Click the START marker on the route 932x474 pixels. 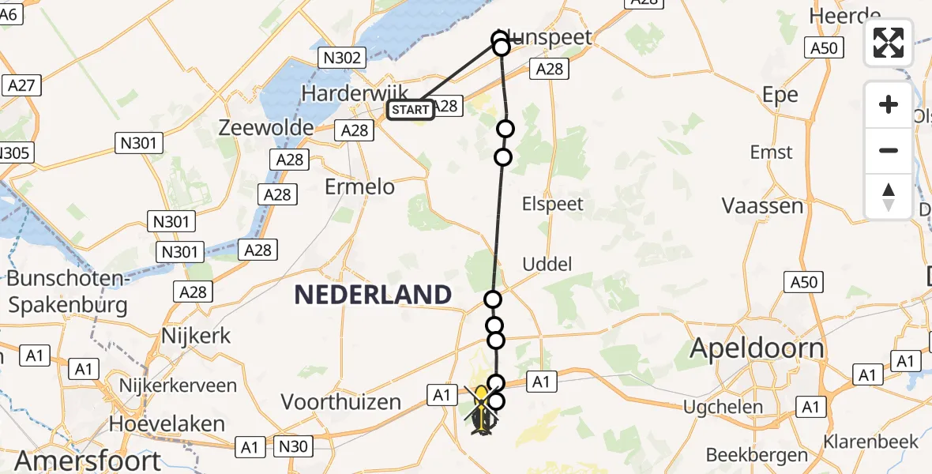pyautogui.click(x=410, y=110)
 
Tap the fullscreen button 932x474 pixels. pyautogui.click(x=889, y=43)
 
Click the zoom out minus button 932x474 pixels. pyautogui.click(x=889, y=150)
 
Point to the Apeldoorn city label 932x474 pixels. pyautogui.click(x=757, y=348)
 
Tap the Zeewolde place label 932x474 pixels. pyautogui.click(x=265, y=126)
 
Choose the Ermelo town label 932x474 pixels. pyautogui.click(x=359, y=186)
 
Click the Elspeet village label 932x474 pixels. pyautogui.click(x=553, y=204)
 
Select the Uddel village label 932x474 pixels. pyautogui.click(x=547, y=264)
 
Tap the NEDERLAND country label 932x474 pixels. pyautogui.click(x=373, y=295)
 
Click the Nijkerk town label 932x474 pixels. pyautogui.click(x=196, y=336)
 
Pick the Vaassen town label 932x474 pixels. pyautogui.click(x=762, y=206)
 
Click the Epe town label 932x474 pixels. pyautogui.click(x=780, y=95)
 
